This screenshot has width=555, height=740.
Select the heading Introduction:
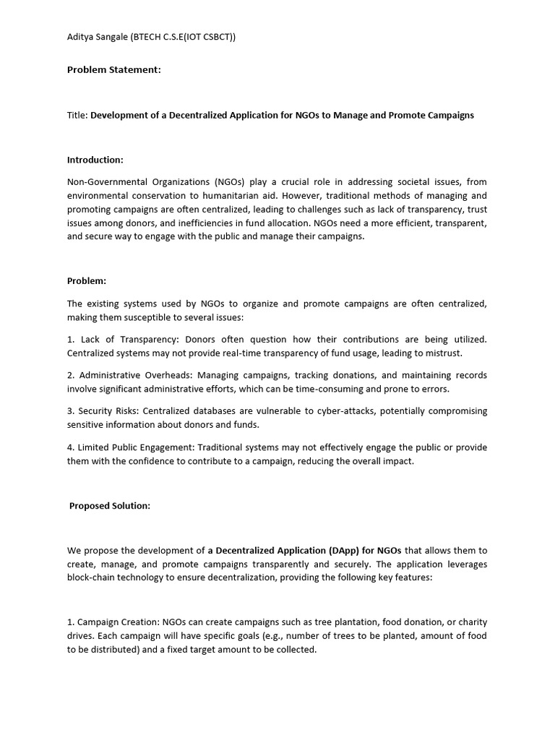tap(95, 160)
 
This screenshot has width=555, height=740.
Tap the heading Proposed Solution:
tap(110, 506)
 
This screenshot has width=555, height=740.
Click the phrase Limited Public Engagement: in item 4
tap(134, 447)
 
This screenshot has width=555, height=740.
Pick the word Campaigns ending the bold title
tap(450, 115)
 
